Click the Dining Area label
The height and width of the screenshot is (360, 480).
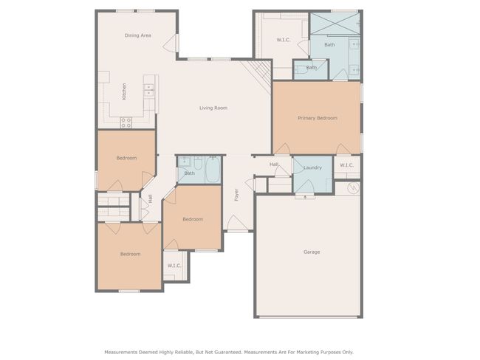tap(138, 35)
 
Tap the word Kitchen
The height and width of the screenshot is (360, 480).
tap(124, 91)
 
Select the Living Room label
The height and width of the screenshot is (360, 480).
tap(213, 108)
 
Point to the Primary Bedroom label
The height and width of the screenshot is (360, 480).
tap(318, 118)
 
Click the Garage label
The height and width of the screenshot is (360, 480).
tap(312, 252)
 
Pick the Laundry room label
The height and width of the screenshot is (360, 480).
tap(312, 167)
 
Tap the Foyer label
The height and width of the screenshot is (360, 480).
tap(236, 195)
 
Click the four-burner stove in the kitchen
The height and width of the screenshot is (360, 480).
tap(126, 122)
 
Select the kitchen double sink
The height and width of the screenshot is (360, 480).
tap(148, 89)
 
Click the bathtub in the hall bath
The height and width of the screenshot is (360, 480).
tap(213, 170)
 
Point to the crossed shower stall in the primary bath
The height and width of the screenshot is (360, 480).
tap(335, 24)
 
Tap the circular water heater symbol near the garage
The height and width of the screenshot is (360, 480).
tap(353, 188)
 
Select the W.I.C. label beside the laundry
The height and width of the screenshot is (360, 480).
tap(346, 165)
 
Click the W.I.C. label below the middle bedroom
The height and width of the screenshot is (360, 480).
tap(174, 266)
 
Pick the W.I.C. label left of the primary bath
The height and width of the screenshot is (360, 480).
tap(284, 40)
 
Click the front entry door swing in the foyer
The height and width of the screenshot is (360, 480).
tap(235, 222)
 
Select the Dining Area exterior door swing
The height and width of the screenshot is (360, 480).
tap(170, 44)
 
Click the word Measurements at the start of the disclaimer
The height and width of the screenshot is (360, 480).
tap(121, 352)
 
